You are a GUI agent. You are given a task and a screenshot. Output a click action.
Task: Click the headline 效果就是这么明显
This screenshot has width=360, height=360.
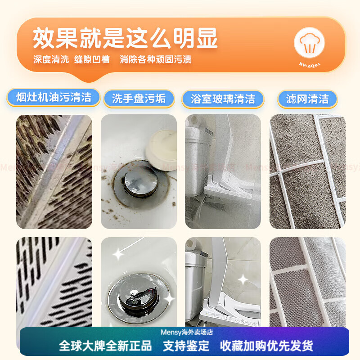coord(125,38)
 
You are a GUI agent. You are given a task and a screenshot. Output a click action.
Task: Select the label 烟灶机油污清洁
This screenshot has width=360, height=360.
coord(54,97)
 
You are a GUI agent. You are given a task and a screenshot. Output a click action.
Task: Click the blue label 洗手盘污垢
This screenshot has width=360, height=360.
coord(139,99)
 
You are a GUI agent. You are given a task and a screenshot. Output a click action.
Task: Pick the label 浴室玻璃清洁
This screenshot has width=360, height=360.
coord(222,99)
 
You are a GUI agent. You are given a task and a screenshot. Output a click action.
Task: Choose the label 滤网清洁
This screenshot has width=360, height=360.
coord(307,99)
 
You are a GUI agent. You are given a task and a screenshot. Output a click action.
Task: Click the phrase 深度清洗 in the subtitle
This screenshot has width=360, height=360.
coord(50,59)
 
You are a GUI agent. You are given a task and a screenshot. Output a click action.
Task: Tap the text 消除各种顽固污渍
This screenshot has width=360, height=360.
coord(155,59)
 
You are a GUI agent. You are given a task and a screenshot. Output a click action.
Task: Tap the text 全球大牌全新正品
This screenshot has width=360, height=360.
coord(105,346)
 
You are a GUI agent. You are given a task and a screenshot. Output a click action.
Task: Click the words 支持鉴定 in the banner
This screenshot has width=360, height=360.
coord(186,346)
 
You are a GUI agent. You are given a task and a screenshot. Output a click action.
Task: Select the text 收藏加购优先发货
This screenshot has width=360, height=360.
coord(266,346)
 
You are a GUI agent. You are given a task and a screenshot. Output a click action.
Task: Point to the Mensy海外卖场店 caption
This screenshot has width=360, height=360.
coord(187,332)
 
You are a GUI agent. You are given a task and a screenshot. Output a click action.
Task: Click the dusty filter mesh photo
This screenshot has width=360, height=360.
coord(307,171)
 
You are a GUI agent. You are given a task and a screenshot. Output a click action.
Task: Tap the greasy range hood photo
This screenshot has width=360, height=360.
coord(54,171)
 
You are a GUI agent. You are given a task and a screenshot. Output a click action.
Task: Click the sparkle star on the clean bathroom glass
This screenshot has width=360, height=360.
coord(243,279)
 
